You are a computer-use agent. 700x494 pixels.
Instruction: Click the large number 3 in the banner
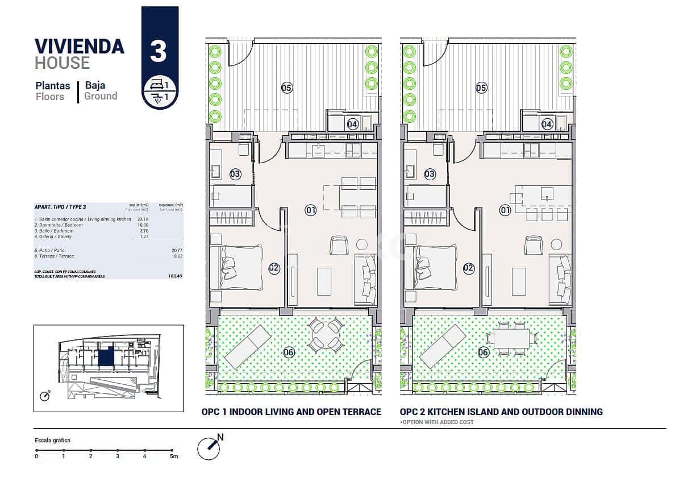point(159,51)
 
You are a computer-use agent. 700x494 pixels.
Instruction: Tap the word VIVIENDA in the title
point(80,46)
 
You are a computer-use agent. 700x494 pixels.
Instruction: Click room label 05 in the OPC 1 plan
point(287,88)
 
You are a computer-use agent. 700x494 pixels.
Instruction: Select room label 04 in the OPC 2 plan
point(547,124)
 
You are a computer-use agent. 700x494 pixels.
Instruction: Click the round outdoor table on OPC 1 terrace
point(326,335)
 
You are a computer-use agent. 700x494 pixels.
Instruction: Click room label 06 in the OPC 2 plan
point(483,352)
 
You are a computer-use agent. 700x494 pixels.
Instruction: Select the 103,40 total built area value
point(176,276)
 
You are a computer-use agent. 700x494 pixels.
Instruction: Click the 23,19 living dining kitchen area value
point(143,219)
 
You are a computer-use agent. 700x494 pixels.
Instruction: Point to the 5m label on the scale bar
point(174,456)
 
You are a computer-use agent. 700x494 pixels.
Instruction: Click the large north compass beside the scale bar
point(209,448)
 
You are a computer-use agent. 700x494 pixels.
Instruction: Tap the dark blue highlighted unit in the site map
point(105,357)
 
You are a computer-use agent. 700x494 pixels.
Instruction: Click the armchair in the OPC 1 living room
point(339,245)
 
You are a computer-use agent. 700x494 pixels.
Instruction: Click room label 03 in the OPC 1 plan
point(235,174)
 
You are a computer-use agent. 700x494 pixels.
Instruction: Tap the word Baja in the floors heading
point(95,85)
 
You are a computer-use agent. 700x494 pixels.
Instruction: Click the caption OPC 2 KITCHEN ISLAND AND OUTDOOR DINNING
point(501,412)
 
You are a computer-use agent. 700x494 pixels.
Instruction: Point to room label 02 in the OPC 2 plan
point(469,268)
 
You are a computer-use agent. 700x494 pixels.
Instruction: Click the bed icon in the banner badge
point(156,85)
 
